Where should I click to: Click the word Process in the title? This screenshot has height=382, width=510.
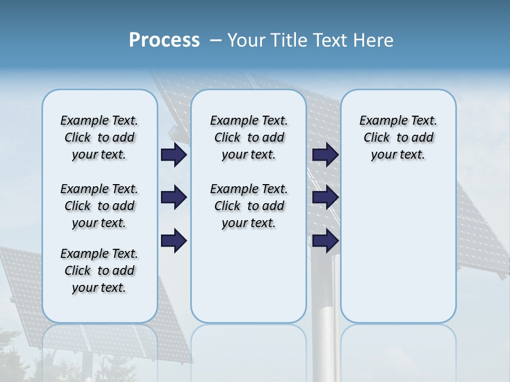[164, 40]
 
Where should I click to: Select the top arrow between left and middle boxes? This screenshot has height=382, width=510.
[174, 155]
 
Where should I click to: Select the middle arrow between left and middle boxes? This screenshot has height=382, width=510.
[174, 198]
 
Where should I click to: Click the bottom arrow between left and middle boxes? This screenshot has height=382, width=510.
[174, 240]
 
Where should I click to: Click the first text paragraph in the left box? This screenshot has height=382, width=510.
[99, 137]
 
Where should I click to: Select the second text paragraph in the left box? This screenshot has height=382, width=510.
[99, 206]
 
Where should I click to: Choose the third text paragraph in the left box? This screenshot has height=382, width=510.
[99, 271]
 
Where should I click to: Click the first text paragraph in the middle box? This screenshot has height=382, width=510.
[249, 137]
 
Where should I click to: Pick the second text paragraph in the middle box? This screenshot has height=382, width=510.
[249, 206]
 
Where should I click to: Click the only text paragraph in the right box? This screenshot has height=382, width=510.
[398, 137]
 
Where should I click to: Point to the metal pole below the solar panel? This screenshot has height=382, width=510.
[322, 297]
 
